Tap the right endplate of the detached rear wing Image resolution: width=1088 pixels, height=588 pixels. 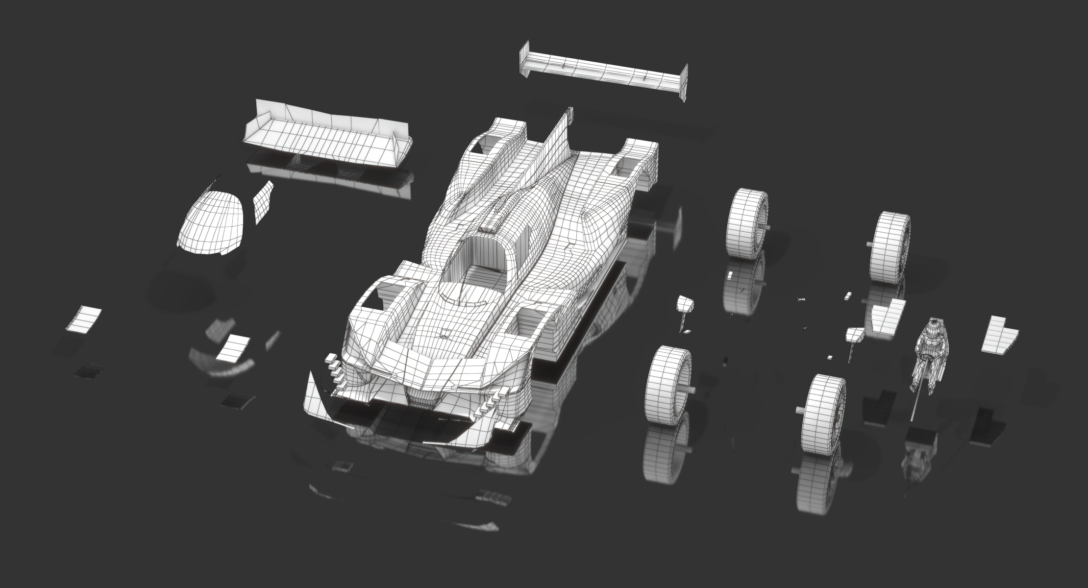click(683, 82)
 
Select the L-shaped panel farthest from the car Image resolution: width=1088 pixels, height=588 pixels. click(1000, 335)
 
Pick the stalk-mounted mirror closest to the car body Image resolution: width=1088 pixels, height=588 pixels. click(685, 306)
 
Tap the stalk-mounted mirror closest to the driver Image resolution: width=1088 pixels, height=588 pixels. click(856, 335)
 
